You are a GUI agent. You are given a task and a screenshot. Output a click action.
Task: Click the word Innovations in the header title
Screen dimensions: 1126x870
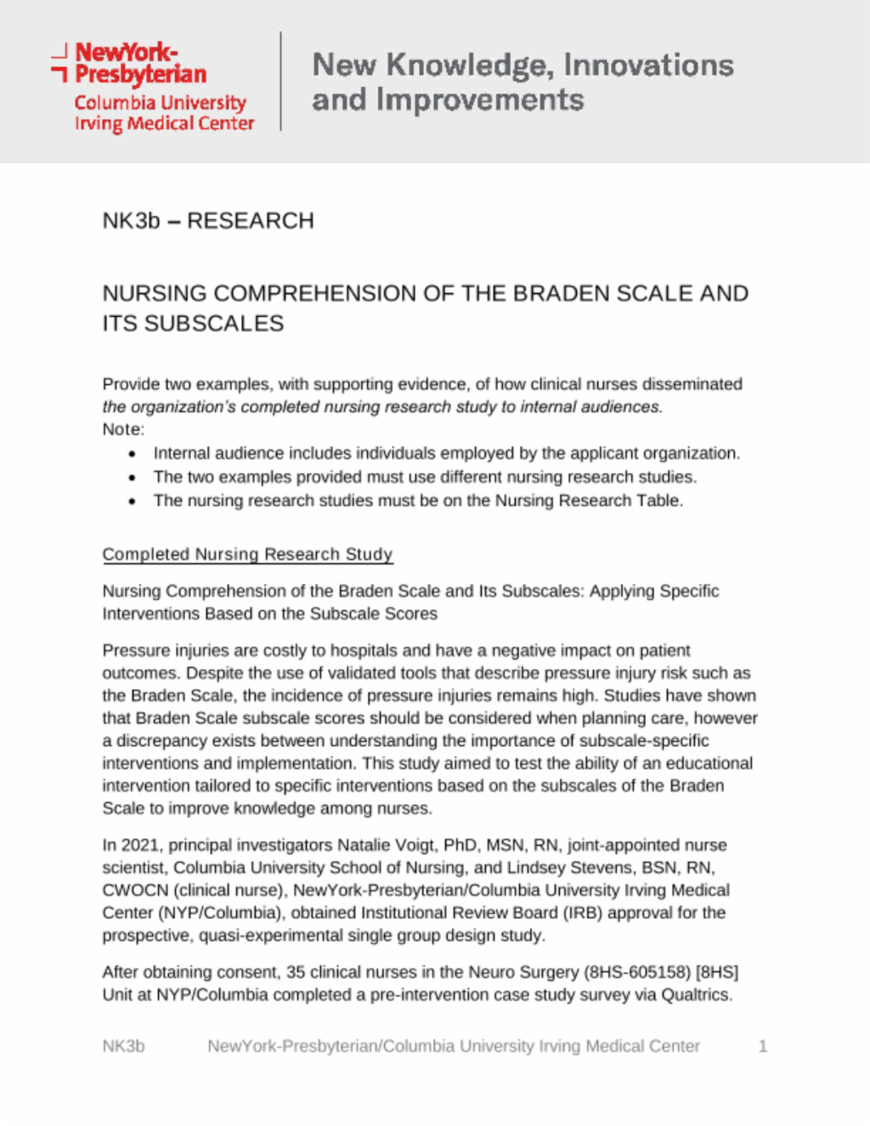(648, 65)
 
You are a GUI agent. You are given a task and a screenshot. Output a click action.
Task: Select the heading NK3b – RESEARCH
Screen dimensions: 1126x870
(208, 221)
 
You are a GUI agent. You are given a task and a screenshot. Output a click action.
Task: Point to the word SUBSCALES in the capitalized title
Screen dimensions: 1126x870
(214, 324)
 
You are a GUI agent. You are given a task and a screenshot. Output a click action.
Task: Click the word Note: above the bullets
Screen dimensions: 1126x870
(123, 430)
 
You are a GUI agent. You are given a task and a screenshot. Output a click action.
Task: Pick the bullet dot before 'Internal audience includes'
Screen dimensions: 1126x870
(132, 455)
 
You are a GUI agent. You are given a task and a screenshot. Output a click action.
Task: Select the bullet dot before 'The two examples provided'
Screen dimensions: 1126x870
(132, 478)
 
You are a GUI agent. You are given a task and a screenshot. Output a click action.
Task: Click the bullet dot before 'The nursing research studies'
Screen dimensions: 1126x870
(132, 502)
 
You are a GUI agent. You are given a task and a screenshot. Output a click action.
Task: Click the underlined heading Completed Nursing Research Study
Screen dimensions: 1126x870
(247, 554)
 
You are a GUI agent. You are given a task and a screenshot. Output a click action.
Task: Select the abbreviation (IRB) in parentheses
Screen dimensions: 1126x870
(582, 913)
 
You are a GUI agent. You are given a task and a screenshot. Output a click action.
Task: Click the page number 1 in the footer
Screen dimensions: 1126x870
(763, 1046)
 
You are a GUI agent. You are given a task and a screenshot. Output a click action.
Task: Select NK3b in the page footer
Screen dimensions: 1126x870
(123, 1046)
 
